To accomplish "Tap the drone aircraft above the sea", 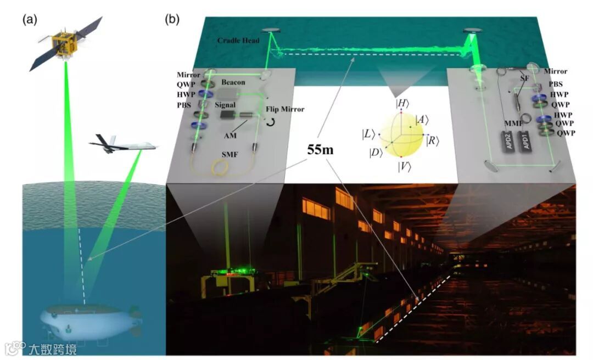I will [122, 145].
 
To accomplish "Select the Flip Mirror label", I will [284, 109].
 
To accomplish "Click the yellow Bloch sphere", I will [402, 134].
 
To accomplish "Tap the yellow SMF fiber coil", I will [223, 164].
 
